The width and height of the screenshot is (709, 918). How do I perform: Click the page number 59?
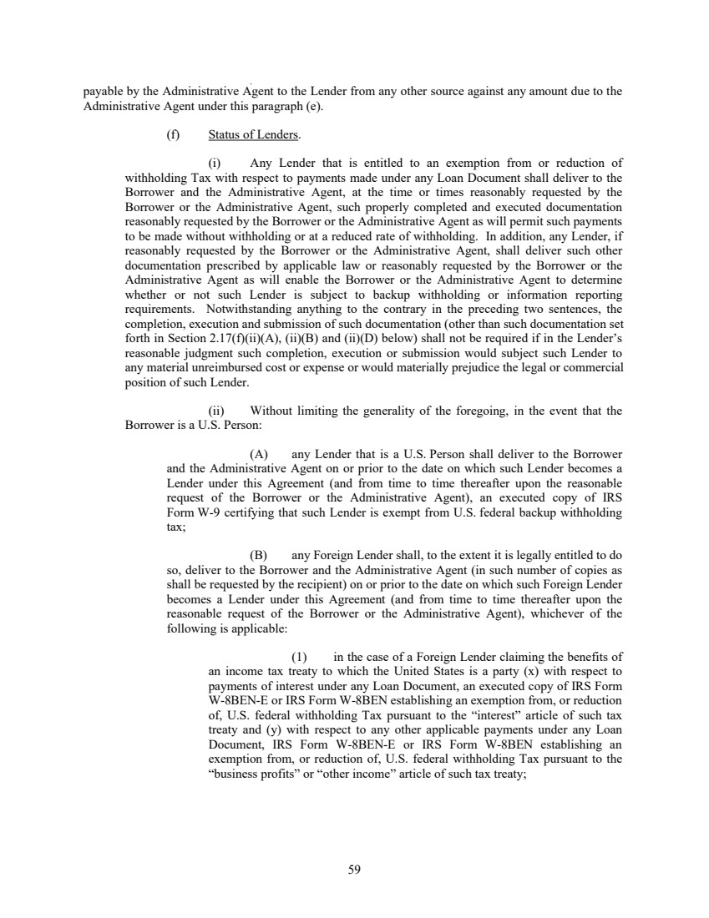354,870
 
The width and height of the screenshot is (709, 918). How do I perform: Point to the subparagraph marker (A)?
258,454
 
